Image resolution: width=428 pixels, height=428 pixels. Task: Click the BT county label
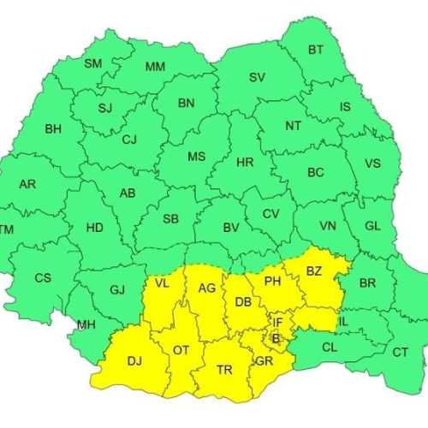[316, 50]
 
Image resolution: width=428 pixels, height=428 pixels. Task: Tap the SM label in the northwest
[92, 63]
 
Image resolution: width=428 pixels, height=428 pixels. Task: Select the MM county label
[155, 67]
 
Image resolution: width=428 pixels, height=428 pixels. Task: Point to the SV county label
[257, 77]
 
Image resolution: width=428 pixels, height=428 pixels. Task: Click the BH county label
[53, 129]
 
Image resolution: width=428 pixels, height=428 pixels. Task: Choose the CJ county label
[129, 140]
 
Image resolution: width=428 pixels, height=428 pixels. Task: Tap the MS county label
[197, 157]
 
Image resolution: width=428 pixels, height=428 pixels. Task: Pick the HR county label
[245, 162]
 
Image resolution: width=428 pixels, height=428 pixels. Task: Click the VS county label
[372, 163]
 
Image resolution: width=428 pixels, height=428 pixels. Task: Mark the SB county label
[170, 220]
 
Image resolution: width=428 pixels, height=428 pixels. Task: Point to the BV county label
[230, 229]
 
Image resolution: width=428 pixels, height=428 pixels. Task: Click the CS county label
[43, 278]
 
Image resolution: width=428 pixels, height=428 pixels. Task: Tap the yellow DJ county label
[134, 361]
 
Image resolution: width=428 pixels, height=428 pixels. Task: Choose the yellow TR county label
[224, 370]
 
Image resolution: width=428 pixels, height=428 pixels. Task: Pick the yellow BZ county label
[314, 271]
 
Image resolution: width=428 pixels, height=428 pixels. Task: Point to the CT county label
[400, 352]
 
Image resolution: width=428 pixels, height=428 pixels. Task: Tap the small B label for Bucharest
[276, 339]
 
